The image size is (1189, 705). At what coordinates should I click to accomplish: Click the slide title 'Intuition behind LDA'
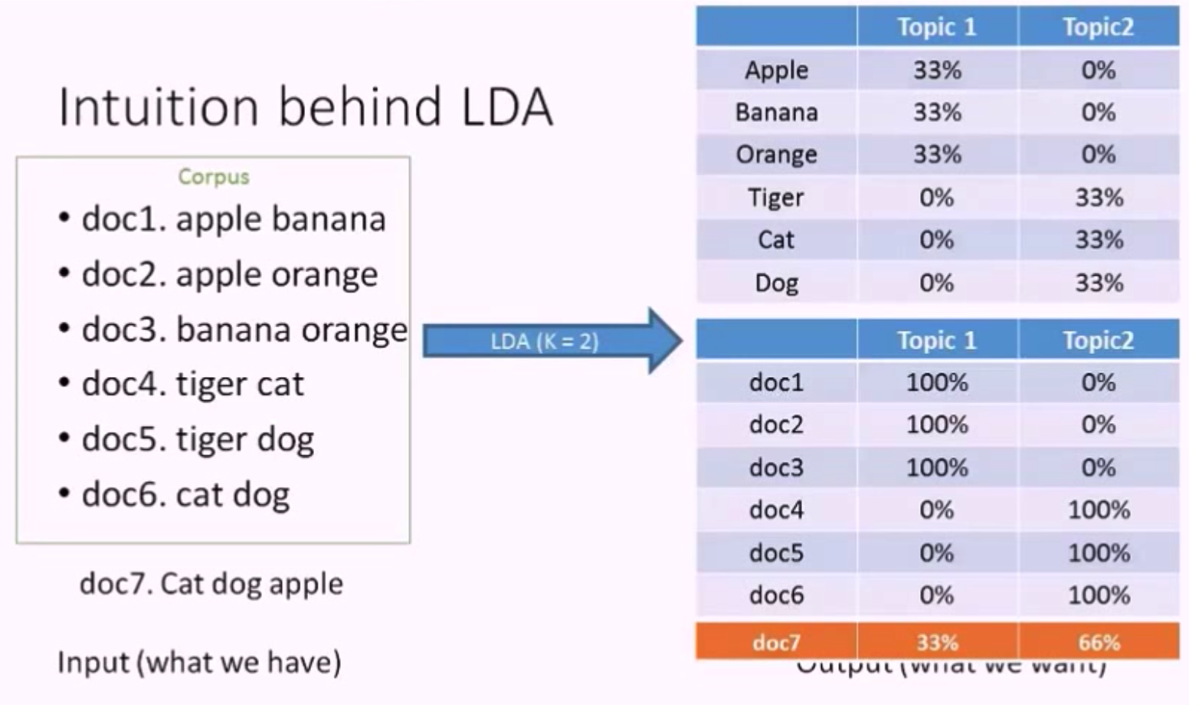click(305, 107)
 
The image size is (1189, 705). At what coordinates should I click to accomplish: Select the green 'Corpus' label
click(214, 177)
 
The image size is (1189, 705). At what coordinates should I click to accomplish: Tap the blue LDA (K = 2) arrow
click(545, 341)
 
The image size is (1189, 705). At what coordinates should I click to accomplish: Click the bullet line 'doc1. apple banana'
click(233, 219)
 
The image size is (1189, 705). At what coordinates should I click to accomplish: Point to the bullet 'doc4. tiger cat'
click(192, 384)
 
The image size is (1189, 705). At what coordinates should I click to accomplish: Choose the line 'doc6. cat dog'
click(185, 494)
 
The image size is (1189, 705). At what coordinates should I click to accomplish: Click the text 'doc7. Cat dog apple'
click(211, 584)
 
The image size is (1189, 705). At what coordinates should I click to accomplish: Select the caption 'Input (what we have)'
click(199, 662)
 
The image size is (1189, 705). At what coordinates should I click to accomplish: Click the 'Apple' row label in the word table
click(776, 70)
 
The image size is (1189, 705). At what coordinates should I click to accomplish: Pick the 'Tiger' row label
click(776, 198)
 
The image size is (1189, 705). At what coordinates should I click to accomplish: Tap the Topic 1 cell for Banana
click(937, 113)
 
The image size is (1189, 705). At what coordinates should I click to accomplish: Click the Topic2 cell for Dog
click(1099, 283)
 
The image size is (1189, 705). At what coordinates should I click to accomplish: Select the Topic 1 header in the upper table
click(937, 28)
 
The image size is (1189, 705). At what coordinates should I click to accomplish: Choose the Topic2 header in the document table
click(1098, 340)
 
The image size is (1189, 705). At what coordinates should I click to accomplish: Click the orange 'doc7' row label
click(776, 642)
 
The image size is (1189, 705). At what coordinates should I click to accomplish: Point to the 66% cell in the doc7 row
click(1099, 642)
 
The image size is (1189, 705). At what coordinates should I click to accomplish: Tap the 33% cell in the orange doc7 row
click(937, 642)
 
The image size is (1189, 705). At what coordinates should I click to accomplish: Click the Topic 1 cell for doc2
click(937, 425)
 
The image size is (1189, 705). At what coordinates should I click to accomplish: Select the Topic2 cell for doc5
click(1099, 553)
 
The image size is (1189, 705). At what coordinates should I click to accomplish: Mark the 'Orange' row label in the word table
click(776, 155)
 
